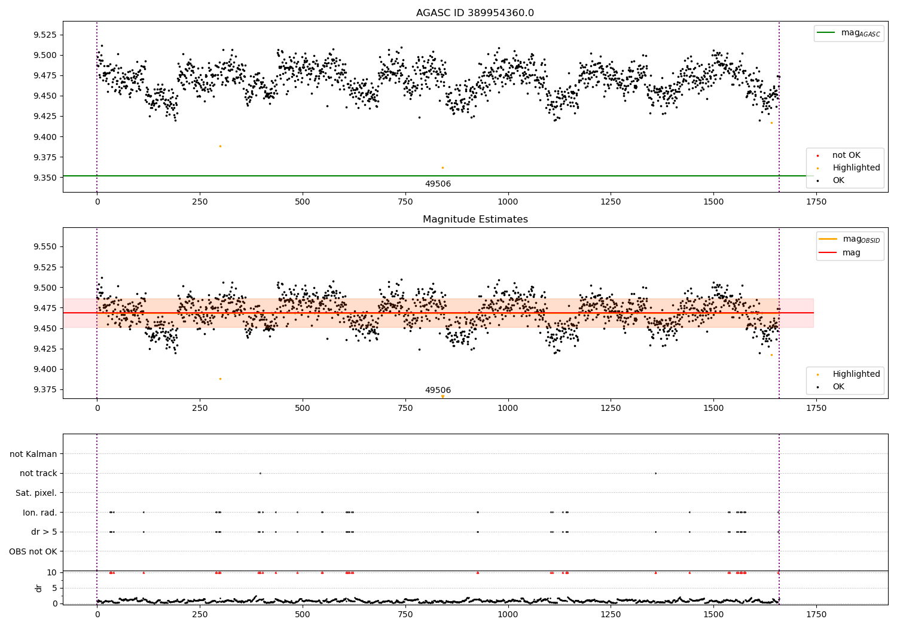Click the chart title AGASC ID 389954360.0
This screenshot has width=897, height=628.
click(475, 13)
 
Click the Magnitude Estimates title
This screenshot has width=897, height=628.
click(475, 220)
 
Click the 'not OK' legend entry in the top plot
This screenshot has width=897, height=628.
click(846, 156)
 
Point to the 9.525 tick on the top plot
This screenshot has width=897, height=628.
click(45, 35)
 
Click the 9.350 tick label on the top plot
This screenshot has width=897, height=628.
click(45, 178)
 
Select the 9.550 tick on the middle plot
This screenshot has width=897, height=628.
click(45, 246)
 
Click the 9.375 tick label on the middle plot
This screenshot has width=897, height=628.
click(45, 389)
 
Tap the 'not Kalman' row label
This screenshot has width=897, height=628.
click(33, 454)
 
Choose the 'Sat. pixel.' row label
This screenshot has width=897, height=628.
click(36, 493)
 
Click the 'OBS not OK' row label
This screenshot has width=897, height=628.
click(33, 551)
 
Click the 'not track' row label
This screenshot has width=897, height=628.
click(38, 473)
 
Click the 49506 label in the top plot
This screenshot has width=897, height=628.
click(438, 184)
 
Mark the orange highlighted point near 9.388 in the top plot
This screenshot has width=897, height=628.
click(220, 146)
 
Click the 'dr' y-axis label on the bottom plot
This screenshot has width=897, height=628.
click(39, 588)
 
